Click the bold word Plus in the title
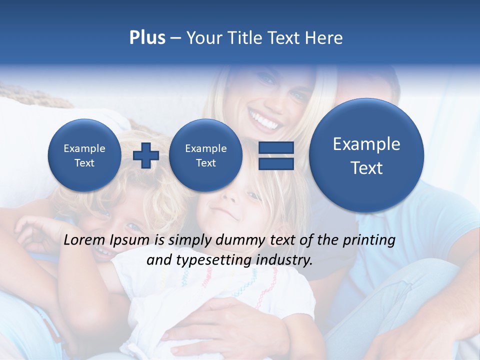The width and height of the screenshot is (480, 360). click(147, 38)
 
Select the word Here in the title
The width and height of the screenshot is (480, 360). click(324, 38)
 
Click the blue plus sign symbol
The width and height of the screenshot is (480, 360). click(146, 155)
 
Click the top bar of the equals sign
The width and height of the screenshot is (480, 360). click(276, 147)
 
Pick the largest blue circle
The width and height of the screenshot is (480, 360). click(366, 155)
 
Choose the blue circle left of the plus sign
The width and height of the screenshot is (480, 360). click(84, 155)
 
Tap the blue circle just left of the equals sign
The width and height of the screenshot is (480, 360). click(205, 155)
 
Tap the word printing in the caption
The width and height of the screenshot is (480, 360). click(369, 240)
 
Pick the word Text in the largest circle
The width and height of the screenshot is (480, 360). click(366, 168)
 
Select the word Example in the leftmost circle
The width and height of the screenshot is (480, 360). click(84, 148)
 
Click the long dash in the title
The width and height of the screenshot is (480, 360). click(175, 38)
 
